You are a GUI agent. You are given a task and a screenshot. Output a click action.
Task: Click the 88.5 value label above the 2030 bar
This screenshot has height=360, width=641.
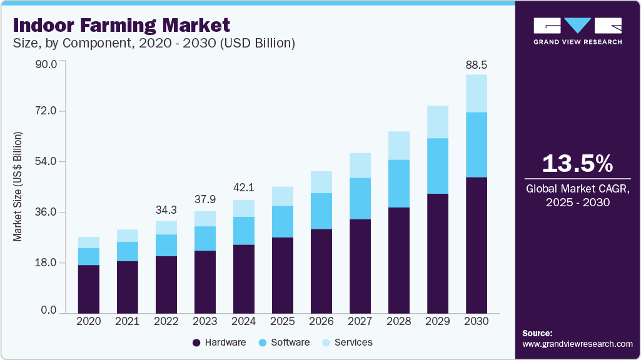point(477,64)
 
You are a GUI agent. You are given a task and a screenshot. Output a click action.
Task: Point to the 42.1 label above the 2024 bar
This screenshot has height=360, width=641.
point(244,187)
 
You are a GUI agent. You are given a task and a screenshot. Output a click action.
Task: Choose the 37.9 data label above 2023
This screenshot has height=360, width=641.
point(205,199)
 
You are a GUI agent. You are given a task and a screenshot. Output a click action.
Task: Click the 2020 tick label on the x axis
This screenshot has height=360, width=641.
point(89,321)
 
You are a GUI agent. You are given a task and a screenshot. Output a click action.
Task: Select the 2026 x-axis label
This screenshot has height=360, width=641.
point(321,321)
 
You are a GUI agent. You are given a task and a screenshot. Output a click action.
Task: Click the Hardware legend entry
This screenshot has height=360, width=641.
point(219,342)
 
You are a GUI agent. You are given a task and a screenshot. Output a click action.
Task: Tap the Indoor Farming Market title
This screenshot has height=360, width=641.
point(121,26)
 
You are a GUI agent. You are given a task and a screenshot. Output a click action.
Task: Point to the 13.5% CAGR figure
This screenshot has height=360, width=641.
point(577,164)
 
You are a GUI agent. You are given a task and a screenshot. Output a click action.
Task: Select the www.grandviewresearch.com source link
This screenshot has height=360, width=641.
point(577,344)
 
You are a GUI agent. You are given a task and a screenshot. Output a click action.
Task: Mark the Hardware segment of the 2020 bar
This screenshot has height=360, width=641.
point(89,289)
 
